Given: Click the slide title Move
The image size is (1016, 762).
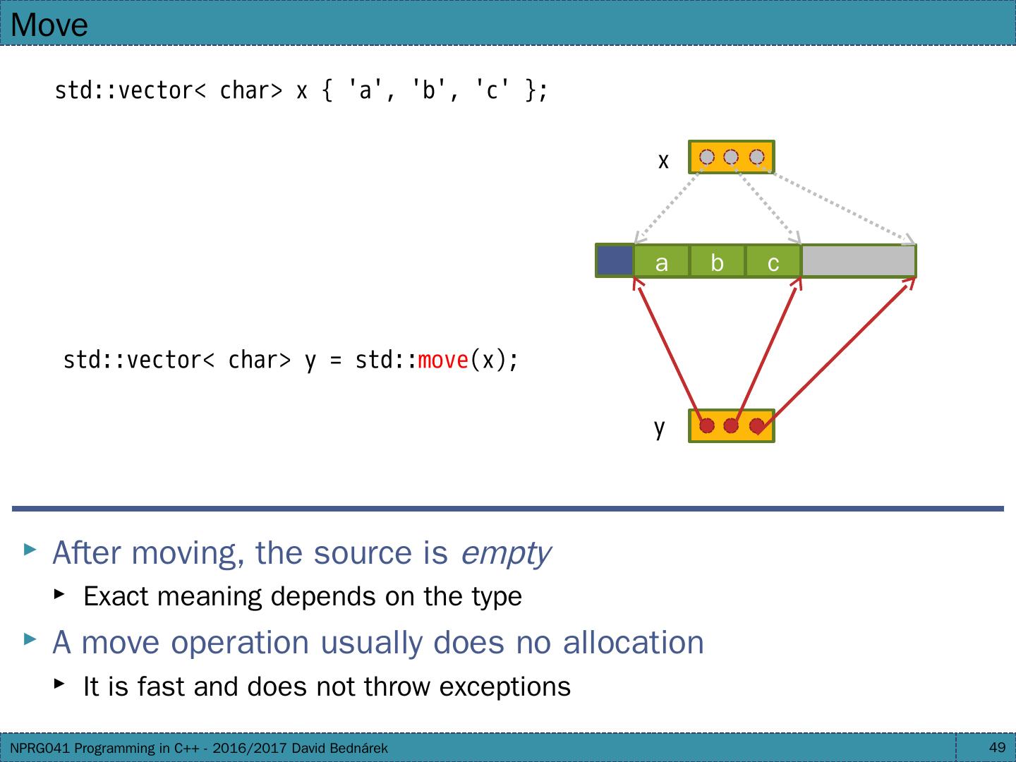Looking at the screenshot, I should (49, 25).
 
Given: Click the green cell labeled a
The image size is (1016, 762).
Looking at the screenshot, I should (661, 262).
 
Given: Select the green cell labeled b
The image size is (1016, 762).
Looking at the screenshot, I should (717, 262).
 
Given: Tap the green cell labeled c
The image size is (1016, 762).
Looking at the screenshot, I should (773, 262).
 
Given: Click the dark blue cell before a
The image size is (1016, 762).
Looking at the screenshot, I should (615, 260).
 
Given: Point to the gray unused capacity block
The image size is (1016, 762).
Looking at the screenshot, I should (858, 261).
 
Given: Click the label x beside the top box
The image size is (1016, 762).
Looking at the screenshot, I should (663, 161).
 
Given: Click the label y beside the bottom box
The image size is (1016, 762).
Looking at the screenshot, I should (659, 428).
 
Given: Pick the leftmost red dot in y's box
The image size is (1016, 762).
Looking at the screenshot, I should (707, 426).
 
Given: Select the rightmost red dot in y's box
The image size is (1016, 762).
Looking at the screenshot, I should (756, 426).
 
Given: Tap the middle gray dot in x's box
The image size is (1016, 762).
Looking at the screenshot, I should (732, 157).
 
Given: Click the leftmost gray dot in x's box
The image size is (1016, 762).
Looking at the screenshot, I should (707, 157).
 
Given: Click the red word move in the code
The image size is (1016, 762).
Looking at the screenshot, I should (443, 361).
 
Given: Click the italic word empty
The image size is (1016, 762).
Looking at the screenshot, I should (505, 552).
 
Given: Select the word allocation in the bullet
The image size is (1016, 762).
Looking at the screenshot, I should (633, 642).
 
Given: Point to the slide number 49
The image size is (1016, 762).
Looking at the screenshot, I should (997, 747).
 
